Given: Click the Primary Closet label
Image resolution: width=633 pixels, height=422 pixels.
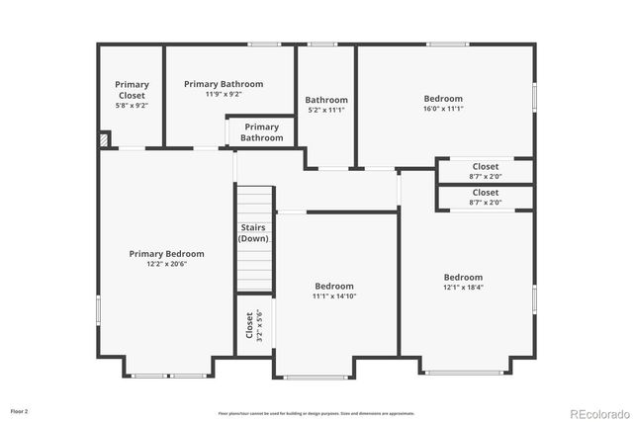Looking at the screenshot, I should (132, 90).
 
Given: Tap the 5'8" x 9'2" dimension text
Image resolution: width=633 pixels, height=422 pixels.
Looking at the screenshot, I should (132, 106).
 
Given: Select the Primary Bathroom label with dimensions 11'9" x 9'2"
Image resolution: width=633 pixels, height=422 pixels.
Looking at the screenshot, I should (224, 84).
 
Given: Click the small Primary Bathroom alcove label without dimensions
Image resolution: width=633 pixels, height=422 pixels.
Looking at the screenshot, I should (261, 132).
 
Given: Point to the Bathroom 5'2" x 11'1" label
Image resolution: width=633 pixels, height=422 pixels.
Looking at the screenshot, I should (326, 100).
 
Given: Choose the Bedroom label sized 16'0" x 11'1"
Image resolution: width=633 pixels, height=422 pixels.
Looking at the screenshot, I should (443, 99).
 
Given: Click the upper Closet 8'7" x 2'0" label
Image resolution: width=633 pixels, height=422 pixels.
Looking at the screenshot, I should (486, 167).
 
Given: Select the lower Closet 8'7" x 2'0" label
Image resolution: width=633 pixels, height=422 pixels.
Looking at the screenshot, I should (486, 193).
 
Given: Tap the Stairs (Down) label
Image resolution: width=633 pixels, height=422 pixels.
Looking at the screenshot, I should (253, 233).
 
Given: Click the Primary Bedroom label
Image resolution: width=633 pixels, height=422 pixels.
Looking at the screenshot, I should (166, 254).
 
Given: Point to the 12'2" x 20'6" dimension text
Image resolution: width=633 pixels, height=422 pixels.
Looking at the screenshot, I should (166, 264).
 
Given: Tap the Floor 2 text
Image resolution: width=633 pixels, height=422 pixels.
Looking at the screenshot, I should (20, 410).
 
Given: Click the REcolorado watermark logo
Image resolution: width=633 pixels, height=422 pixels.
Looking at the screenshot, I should (596, 412).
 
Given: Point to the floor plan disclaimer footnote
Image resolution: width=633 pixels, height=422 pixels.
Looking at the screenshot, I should (316, 413).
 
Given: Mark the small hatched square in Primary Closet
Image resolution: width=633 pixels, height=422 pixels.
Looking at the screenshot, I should (103, 141).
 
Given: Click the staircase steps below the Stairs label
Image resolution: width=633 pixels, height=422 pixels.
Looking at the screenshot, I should (253, 267).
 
